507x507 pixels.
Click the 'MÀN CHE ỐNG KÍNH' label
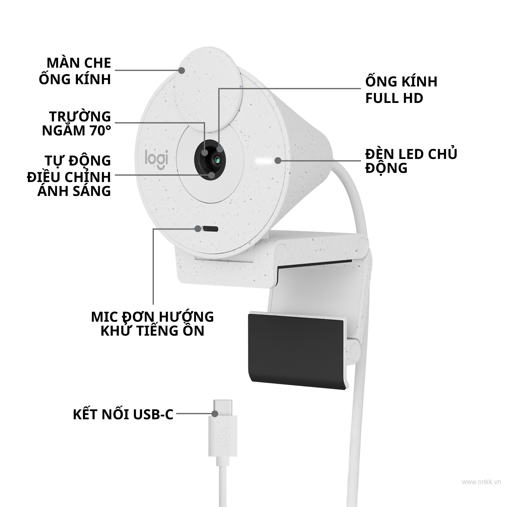click(75, 71)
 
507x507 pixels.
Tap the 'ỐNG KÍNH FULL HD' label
click(401, 90)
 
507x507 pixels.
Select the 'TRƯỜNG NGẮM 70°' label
click(76, 123)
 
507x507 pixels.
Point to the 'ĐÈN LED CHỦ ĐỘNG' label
click(411, 161)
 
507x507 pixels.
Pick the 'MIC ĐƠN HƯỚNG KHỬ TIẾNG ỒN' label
click(152, 323)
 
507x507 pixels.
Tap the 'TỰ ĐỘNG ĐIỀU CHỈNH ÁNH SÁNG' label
click(69, 176)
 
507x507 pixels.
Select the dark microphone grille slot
click(210, 229)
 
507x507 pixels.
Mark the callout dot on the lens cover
click(181, 70)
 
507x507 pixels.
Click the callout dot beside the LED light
click(278, 161)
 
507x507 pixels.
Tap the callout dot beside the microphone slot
click(198, 229)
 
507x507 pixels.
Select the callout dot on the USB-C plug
click(215, 414)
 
